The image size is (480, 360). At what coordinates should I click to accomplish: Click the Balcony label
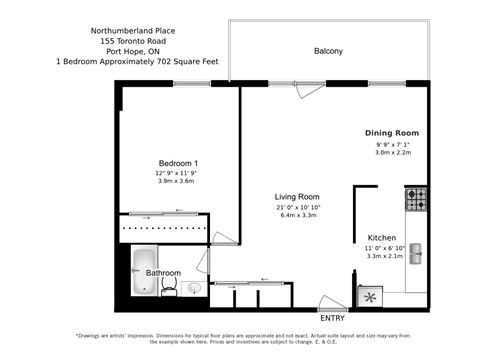pos(328,51)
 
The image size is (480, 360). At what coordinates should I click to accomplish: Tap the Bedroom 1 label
pos(178,163)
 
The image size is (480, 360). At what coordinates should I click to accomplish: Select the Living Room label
pos(297,197)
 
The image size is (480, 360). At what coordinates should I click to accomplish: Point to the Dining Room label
pos(391,133)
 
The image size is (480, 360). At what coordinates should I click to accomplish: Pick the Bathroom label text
pos(163,272)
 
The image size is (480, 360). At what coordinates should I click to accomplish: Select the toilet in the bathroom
pos(170,288)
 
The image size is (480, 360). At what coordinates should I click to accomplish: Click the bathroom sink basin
pos(194,288)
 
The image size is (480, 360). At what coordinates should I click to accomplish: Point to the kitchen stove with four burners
pos(416,199)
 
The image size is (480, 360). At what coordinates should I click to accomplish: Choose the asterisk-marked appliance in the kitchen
pos(371,296)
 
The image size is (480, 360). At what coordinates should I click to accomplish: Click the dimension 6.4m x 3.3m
pos(297,215)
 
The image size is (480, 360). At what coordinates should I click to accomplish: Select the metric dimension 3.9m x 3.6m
pos(174,181)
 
